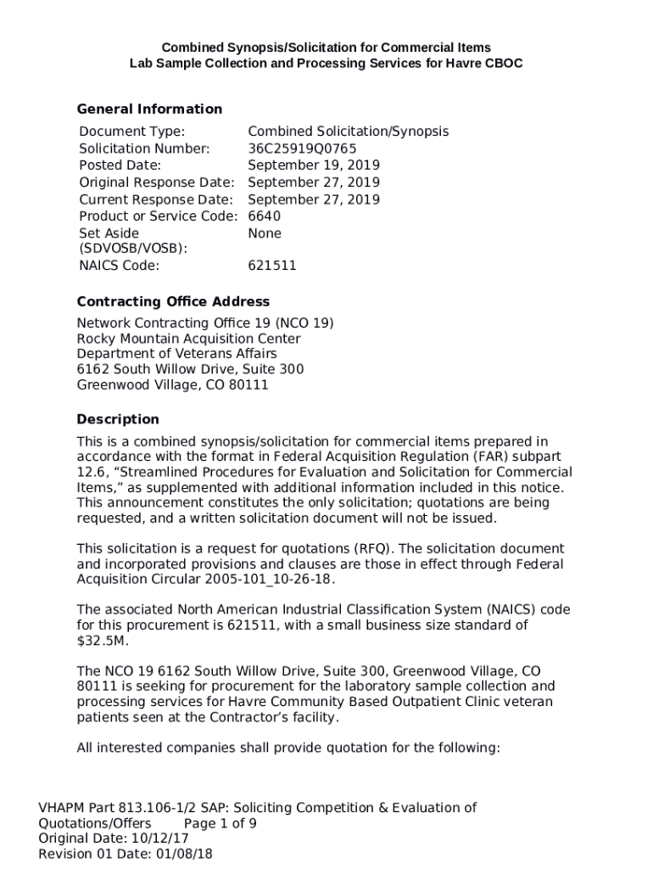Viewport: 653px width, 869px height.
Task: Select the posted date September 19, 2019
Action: coord(313,165)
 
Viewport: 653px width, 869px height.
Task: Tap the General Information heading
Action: coord(149,109)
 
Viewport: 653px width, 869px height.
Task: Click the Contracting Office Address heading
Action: coord(173,301)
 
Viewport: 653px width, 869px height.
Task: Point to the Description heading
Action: coord(118,419)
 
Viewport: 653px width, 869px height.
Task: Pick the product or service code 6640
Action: coord(264,216)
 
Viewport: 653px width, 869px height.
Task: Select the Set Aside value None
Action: coord(264,233)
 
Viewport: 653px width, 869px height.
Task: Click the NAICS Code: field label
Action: coord(119,266)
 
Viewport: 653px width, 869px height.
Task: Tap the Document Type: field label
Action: coord(131,132)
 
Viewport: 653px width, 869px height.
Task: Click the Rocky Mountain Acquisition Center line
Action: coord(188,339)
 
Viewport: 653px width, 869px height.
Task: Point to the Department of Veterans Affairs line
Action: coord(176,354)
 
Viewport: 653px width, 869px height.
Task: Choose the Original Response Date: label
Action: coord(156,182)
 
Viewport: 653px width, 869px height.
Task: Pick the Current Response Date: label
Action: coord(155,199)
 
